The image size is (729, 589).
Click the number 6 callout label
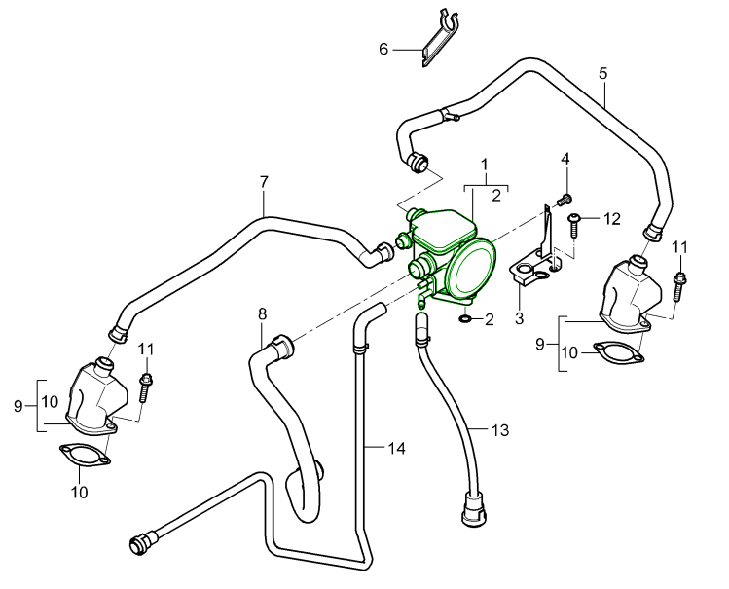pyautogui.click(x=383, y=48)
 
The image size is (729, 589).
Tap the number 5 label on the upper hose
pyautogui.click(x=603, y=73)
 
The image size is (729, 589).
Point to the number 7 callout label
pyautogui.click(x=263, y=181)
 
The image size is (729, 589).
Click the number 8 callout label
pyautogui.click(x=262, y=313)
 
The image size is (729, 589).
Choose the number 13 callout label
pyautogui.click(x=500, y=429)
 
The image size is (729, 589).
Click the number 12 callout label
pyautogui.click(x=611, y=219)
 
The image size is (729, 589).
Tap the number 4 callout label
pyautogui.click(x=564, y=158)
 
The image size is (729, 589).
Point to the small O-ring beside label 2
pyautogui.click(x=465, y=318)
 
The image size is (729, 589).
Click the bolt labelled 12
pyautogui.click(x=574, y=225)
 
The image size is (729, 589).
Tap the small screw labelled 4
pyautogui.click(x=563, y=199)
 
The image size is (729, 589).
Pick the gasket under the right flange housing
pyautogui.click(x=619, y=353)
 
